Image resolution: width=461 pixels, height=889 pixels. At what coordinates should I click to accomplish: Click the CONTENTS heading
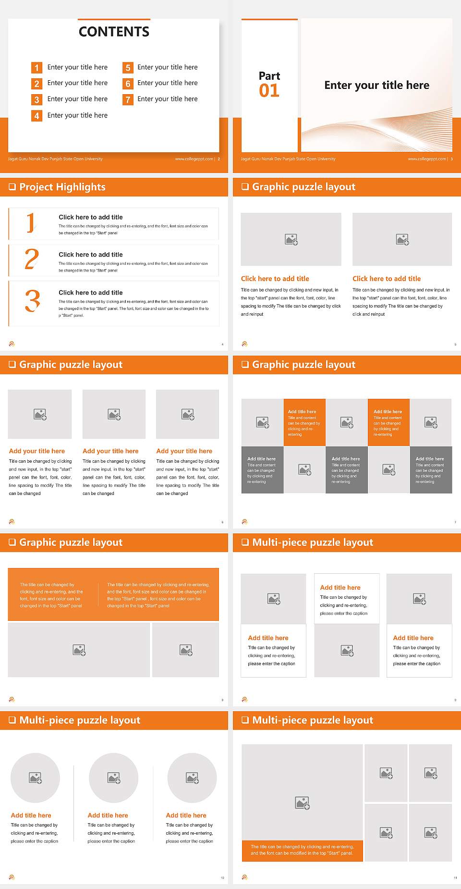[114, 32]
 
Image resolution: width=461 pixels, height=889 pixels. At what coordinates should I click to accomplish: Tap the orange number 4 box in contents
[36, 116]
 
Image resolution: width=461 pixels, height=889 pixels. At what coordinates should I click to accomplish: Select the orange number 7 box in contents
[128, 99]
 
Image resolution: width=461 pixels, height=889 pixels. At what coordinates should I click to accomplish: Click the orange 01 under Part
[269, 90]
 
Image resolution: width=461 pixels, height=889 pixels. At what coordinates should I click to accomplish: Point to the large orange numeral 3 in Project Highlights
[32, 301]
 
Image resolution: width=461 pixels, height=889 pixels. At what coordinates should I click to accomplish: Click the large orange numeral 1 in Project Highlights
[31, 223]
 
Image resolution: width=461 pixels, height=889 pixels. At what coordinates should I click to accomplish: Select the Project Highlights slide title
[62, 187]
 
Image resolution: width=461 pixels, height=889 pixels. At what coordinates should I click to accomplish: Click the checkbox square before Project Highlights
[12, 187]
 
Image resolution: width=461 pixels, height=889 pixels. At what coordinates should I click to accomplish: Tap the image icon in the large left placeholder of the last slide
[302, 803]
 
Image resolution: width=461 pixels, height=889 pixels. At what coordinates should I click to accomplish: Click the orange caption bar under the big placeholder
[302, 850]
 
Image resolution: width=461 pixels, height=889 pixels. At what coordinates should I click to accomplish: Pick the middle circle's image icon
[114, 778]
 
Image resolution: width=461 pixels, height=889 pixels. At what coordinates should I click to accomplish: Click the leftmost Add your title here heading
[37, 451]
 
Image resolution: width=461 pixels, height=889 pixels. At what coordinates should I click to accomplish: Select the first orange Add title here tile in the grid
[304, 422]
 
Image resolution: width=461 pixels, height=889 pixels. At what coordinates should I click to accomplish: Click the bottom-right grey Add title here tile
[431, 469]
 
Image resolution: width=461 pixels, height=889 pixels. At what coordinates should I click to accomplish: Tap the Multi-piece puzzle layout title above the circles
[80, 720]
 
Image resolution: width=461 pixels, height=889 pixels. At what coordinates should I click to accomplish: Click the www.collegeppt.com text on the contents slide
[194, 159]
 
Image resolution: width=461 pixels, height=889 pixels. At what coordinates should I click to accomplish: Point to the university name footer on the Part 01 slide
[288, 159]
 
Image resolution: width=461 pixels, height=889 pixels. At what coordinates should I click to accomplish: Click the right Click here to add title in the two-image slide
[387, 279]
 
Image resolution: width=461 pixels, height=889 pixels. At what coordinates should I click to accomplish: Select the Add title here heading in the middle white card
[340, 587]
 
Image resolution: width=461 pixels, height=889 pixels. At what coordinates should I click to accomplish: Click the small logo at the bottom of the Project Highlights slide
[12, 344]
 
